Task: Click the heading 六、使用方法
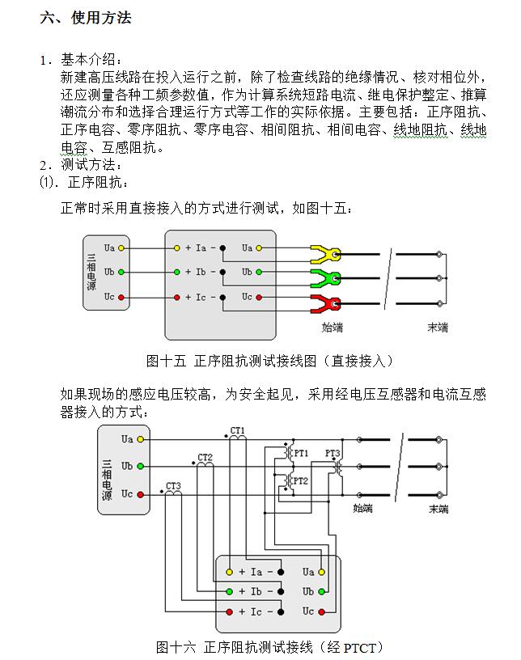click(x=85, y=18)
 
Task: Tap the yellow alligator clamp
click(x=325, y=255)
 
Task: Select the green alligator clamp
click(x=325, y=279)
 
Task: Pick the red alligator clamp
click(x=325, y=304)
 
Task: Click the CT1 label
click(x=238, y=431)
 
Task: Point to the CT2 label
click(x=205, y=458)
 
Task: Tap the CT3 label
click(x=173, y=486)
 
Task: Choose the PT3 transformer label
click(x=333, y=453)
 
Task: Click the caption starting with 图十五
click(x=269, y=361)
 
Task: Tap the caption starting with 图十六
click(x=269, y=647)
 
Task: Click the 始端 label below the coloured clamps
click(x=333, y=328)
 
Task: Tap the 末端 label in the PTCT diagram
click(x=439, y=509)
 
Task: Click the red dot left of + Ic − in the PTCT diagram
click(x=230, y=612)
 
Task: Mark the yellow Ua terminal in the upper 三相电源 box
click(x=121, y=248)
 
